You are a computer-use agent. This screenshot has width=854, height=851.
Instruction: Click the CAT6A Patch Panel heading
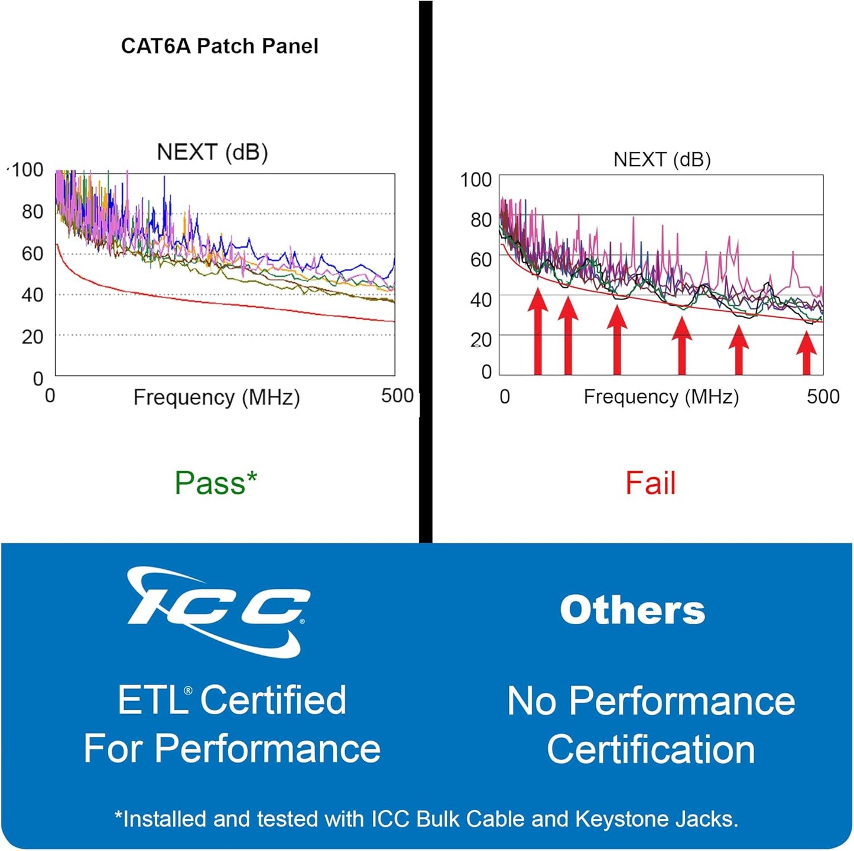[219, 46]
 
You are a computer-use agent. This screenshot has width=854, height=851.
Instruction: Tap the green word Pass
[209, 483]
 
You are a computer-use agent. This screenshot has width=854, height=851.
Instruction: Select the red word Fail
[650, 483]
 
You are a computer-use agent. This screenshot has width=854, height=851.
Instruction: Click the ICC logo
[218, 612]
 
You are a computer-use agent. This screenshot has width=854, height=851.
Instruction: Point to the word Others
[632, 610]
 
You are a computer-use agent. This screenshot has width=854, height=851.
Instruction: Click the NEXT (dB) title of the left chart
[212, 152]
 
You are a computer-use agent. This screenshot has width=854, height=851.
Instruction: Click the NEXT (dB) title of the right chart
[662, 159]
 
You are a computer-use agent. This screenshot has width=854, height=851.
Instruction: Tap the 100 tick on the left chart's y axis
[27, 170]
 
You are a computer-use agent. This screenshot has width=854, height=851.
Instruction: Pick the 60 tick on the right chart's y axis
[481, 259]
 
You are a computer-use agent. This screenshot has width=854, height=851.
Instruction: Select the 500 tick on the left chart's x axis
[397, 396]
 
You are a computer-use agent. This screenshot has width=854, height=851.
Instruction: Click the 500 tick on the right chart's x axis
[823, 396]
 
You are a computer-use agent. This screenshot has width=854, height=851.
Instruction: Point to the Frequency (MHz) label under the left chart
[216, 397]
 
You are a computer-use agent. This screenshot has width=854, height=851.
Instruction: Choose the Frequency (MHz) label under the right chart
[661, 397]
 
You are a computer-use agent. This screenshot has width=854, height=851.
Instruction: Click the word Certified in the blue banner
[273, 700]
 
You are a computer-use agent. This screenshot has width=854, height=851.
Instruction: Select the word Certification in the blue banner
[651, 749]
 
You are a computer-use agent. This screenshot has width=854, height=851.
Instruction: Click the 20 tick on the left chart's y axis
[33, 337]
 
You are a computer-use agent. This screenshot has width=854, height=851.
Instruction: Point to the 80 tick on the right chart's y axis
[481, 220]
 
